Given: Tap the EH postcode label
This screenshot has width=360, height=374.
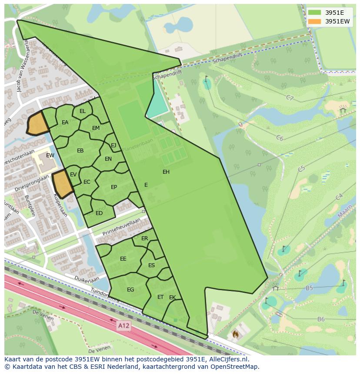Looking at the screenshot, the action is tap(166, 172).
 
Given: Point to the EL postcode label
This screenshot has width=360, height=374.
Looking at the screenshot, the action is tap(83, 111).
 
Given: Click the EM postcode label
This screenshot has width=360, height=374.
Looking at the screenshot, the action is tap(96, 128).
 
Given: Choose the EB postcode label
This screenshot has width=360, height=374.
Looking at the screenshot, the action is tap(80, 151).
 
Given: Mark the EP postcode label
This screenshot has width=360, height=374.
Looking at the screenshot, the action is tap(114, 187).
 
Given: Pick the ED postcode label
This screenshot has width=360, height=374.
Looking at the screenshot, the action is tap(99, 213).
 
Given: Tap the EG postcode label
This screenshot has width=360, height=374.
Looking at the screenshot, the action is tap(130, 290).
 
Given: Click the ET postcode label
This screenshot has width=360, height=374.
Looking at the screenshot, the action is tap(160, 297).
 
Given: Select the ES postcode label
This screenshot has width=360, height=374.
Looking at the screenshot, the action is tap(152, 265).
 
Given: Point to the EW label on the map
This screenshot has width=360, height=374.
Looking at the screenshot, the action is tap(50, 156).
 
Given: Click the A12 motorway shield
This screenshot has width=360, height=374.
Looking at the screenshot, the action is tap(123, 325).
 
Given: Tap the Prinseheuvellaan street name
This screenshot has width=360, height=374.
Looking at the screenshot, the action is tap(122, 227).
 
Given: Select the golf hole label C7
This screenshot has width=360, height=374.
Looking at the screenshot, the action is tap(290, 98).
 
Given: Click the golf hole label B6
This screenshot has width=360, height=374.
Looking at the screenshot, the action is tap(321, 319).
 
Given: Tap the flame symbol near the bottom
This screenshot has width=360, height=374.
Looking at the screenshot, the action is tap(235, 334).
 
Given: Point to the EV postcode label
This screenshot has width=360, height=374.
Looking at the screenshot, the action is tap(73, 175).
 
